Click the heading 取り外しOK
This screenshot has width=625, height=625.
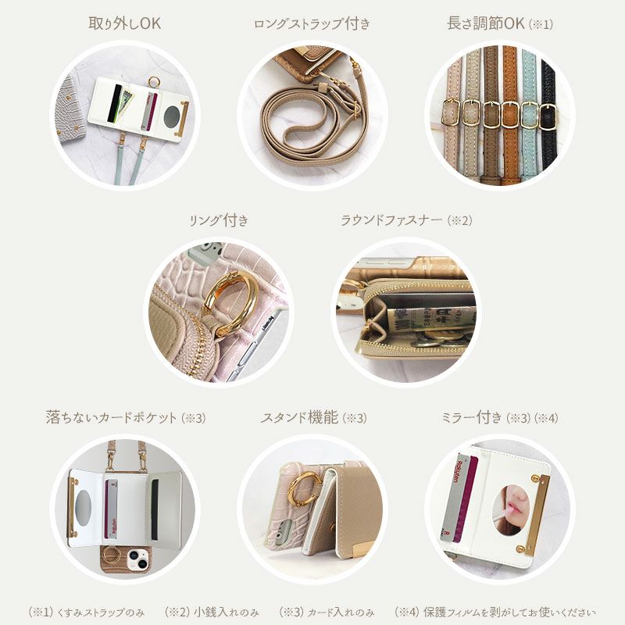coord(125,23)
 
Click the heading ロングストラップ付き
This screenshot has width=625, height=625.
coord(312,24)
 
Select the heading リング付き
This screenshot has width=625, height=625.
coord(219,220)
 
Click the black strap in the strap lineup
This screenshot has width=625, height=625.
coord(548,117)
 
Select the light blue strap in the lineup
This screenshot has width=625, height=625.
coord(530,117)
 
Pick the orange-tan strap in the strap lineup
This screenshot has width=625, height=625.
coord(510,117)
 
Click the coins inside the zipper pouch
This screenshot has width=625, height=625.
coord(437,342)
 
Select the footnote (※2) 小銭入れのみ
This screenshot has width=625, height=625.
coord(211,612)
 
